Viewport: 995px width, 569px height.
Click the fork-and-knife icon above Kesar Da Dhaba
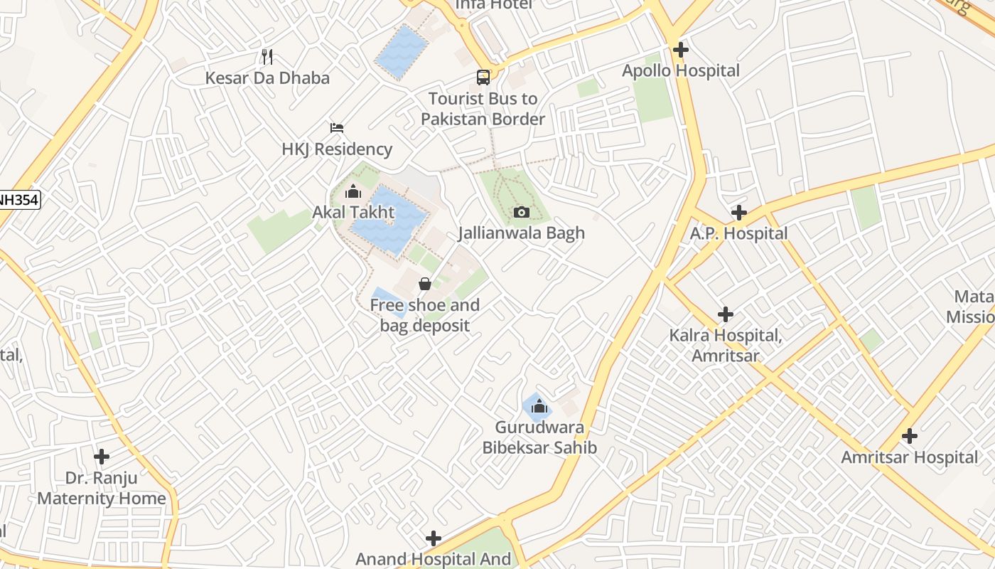click(267, 56)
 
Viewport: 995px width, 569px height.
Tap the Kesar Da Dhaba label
click(267, 78)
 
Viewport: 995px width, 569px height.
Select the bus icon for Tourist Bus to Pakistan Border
click(483, 77)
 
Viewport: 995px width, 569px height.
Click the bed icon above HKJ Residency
click(337, 128)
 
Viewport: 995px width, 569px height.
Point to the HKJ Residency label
click(337, 149)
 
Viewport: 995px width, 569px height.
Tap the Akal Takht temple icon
click(353, 191)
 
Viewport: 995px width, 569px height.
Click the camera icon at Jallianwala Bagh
click(522, 212)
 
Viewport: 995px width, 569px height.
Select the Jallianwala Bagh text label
click(522, 233)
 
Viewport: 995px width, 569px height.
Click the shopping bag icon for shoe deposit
click(425, 284)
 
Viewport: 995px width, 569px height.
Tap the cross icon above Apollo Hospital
click(681, 50)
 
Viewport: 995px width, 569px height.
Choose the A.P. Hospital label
click(739, 233)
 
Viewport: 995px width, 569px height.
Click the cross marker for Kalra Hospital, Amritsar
click(726, 314)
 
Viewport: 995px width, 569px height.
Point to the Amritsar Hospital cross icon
click(910, 436)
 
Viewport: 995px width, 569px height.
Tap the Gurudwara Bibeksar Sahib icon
click(539, 406)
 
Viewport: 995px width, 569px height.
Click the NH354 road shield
click(17, 201)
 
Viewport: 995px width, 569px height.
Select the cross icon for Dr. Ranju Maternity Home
click(102, 456)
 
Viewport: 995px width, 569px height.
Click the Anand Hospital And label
click(433, 559)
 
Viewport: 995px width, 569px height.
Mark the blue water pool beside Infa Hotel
click(402, 51)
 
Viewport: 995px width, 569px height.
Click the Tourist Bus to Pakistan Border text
click(483, 109)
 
